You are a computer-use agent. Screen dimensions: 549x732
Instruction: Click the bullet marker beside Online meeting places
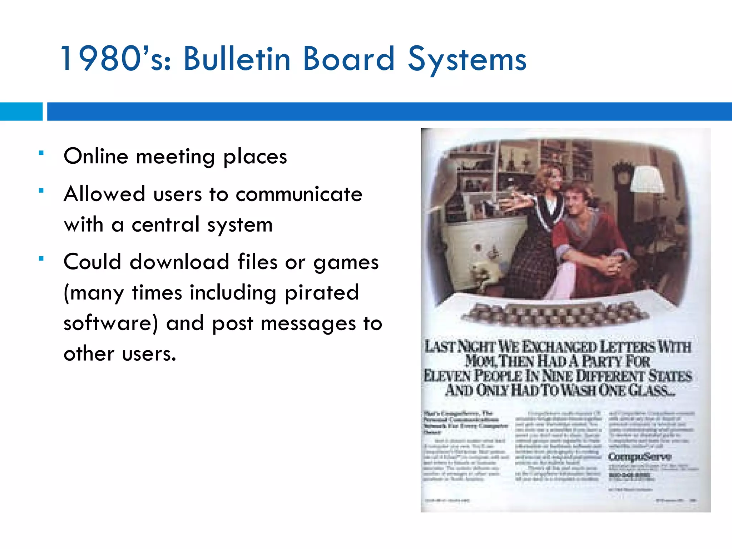[41, 153]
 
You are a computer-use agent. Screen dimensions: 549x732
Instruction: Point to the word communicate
[299, 194]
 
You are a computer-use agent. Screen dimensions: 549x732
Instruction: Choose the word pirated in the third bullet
[322, 293]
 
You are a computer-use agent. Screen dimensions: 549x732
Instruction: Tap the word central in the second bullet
[165, 225]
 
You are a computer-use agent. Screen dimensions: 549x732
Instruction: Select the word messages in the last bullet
[308, 323]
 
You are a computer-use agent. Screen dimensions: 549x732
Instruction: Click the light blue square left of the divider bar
[21, 112]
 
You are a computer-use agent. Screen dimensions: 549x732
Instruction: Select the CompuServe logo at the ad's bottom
[640, 456]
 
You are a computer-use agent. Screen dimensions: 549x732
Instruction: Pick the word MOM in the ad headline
[479, 361]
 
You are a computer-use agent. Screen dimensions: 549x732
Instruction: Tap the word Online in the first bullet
[96, 157]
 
